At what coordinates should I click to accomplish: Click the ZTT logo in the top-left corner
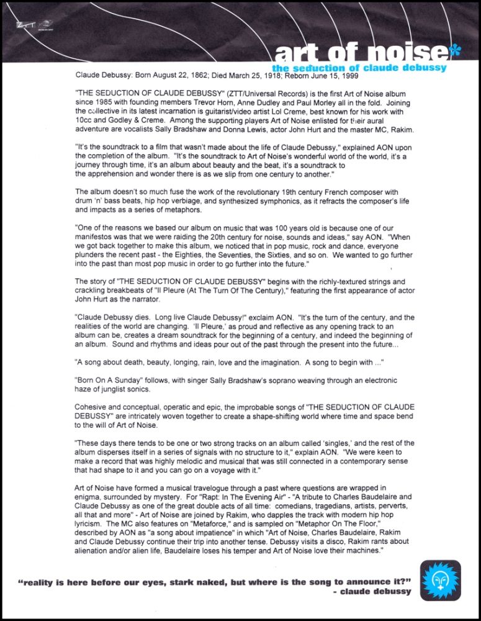click(25, 25)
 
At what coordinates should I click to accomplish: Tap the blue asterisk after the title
click(454, 52)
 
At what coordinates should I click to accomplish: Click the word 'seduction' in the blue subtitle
click(326, 67)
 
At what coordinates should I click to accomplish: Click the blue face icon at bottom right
click(440, 581)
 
